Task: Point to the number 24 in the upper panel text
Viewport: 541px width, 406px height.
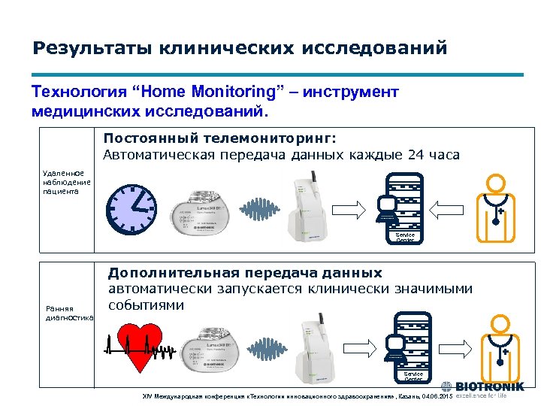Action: [x=416, y=155]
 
